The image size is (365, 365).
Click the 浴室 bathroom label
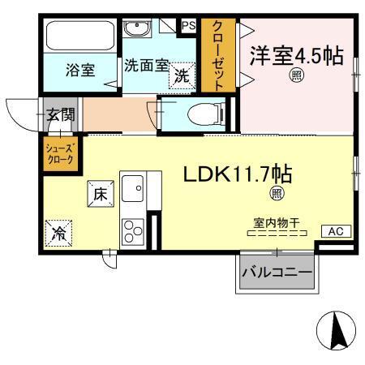point(80,70)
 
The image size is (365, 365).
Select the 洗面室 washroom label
point(146,65)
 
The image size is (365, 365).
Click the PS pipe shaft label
point(188,26)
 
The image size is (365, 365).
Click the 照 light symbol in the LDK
point(277,193)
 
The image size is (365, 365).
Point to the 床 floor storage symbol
point(99,194)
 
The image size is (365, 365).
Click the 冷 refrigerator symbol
point(59,233)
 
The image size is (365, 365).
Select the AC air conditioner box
point(335,231)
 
